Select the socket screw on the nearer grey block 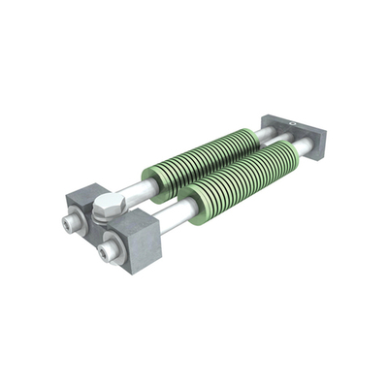pos(104,254)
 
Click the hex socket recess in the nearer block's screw pos(102,255)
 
